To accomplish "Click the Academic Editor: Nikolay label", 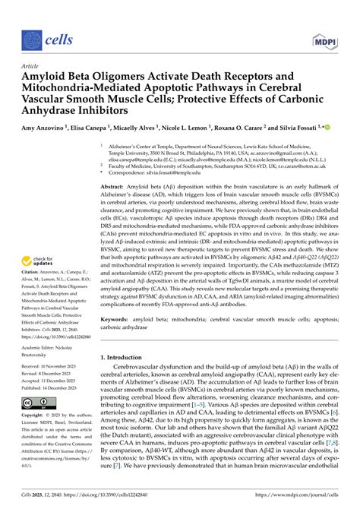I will coord(53,343).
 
